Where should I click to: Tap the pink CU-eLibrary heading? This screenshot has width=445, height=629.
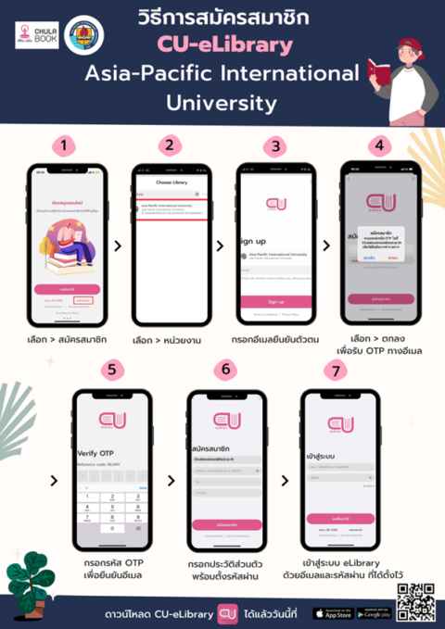tap(222, 44)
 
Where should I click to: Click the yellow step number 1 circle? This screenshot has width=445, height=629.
tap(62, 145)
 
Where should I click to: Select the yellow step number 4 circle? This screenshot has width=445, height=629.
tap(376, 145)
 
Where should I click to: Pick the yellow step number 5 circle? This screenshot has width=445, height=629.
tap(111, 371)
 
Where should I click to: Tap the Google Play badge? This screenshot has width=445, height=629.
tap(373, 612)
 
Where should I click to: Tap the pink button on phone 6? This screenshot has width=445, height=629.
tap(225, 524)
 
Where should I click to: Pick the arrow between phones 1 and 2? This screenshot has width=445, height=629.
tap(116, 246)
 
